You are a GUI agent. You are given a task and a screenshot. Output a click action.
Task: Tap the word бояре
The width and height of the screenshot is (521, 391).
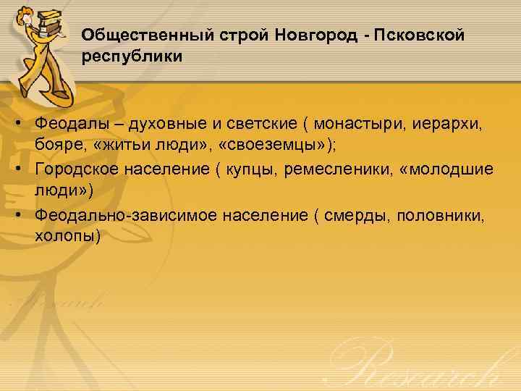click(x=57, y=144)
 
